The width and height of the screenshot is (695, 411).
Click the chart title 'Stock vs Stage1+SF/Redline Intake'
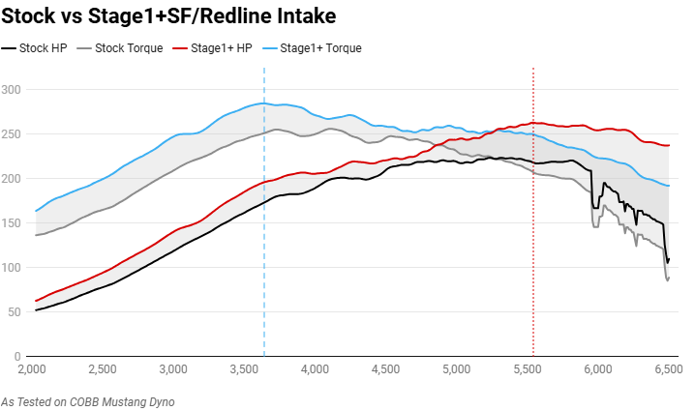tap(156, 15)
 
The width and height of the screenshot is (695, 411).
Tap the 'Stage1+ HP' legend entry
tap(213, 48)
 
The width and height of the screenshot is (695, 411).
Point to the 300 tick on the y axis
tap(14, 90)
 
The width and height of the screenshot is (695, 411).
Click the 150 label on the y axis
tap(14, 223)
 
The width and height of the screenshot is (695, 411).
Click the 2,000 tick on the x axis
tap(33, 368)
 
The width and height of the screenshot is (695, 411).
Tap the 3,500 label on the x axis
tap(243, 368)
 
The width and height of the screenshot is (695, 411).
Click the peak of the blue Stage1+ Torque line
tap(262, 103)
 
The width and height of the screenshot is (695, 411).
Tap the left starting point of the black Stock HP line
tap(36, 310)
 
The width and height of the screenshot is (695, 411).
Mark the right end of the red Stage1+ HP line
tap(669, 145)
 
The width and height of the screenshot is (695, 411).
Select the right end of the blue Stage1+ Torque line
tap(669, 186)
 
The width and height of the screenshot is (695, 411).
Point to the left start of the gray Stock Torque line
tap(36, 235)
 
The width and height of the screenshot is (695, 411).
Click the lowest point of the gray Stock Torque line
tap(667, 280)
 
